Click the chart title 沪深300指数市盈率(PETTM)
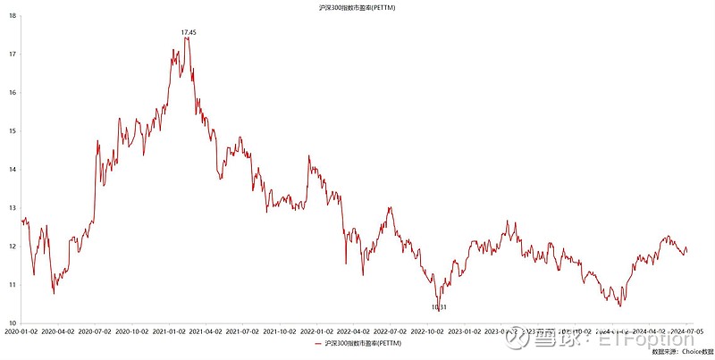click(357, 7)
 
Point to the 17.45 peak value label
click(189, 32)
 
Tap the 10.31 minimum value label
click(439, 307)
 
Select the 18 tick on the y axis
click(13, 16)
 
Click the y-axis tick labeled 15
click(13, 131)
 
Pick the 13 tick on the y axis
click(13, 208)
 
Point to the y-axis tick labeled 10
click(13, 323)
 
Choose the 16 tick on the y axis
click(13, 93)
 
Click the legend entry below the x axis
click(357, 345)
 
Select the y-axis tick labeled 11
click(13, 285)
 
